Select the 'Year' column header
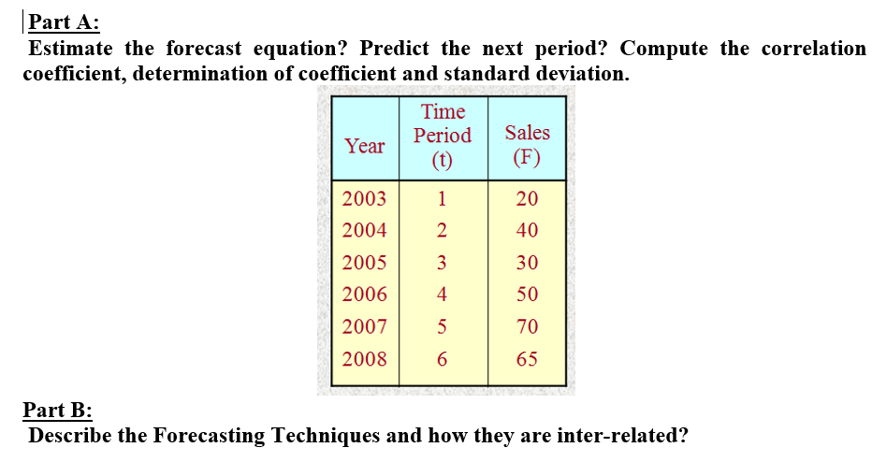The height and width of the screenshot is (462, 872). point(365,146)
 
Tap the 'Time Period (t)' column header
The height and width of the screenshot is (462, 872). point(443,137)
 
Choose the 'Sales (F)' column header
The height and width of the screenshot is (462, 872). point(527,144)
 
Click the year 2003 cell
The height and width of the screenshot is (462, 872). point(365,198)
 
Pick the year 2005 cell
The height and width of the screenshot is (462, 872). point(365,263)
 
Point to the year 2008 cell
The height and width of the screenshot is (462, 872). point(365,359)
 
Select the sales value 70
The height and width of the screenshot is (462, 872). point(527,327)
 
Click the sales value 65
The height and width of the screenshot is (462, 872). point(527,359)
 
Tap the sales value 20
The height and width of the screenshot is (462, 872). point(527,198)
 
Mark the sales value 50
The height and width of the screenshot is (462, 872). point(527,295)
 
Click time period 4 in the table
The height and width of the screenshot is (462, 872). point(443,295)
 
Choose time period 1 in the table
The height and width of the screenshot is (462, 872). point(443,198)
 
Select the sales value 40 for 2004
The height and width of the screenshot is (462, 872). point(527,230)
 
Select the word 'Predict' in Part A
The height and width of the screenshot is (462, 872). point(395,49)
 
